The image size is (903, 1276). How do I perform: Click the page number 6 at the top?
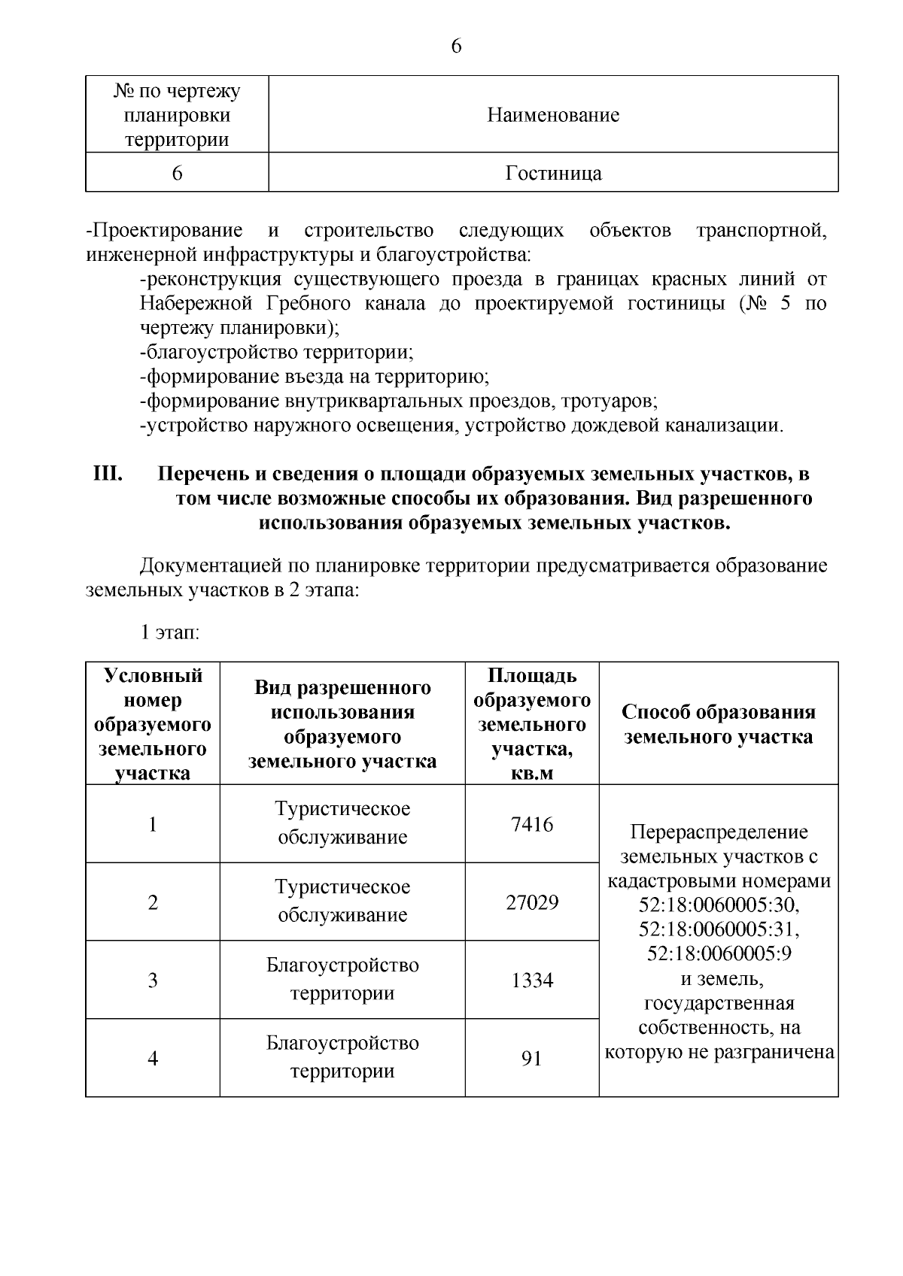456,47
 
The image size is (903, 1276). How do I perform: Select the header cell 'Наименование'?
553,115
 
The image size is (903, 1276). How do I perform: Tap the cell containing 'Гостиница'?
553,174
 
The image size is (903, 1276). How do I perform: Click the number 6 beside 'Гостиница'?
177,174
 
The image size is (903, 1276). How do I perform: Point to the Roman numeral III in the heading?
108,474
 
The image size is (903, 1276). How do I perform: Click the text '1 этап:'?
169,632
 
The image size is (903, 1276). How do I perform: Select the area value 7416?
531,825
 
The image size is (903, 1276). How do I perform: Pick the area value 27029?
531,902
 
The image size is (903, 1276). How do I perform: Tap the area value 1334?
531,980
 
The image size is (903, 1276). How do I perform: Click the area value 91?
531,1059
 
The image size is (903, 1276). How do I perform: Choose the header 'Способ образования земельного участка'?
719,724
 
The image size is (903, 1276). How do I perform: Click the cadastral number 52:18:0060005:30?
719,905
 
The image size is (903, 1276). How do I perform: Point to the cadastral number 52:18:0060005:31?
719,929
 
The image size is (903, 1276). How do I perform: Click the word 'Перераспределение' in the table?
719,832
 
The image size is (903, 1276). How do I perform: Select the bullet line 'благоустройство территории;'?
277,352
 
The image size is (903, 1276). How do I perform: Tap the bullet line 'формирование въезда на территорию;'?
315,377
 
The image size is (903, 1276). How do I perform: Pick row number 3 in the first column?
153,980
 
